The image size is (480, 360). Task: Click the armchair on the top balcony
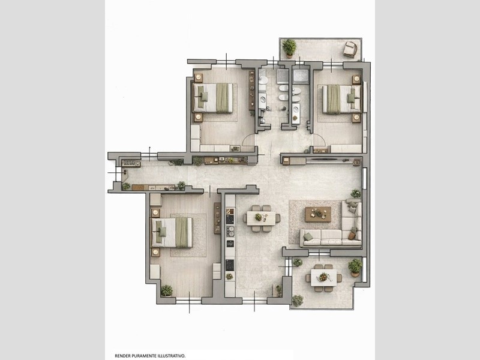tap(350, 49)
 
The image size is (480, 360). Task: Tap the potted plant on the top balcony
tap(289, 48)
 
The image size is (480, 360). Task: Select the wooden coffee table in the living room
tap(318, 214)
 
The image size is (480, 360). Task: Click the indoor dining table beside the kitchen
tap(261, 218)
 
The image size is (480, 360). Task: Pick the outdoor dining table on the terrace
tap(323, 278)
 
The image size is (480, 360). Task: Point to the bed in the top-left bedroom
tap(213, 98)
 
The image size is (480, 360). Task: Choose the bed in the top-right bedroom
tap(341, 99)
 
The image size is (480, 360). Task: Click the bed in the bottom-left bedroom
tap(172, 233)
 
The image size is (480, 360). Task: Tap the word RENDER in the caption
tap(122, 356)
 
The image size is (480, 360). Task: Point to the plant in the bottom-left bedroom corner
tap(167, 290)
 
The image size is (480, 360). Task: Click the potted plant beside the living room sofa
tap(356, 193)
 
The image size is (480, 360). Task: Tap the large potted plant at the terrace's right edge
tap(355, 267)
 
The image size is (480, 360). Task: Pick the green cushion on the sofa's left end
tap(308, 236)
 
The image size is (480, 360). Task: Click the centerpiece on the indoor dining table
tap(259, 217)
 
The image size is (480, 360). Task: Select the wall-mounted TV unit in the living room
tap(328, 160)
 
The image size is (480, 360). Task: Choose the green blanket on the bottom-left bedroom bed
tap(182, 233)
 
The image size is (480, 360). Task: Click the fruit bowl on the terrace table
tap(323, 277)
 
